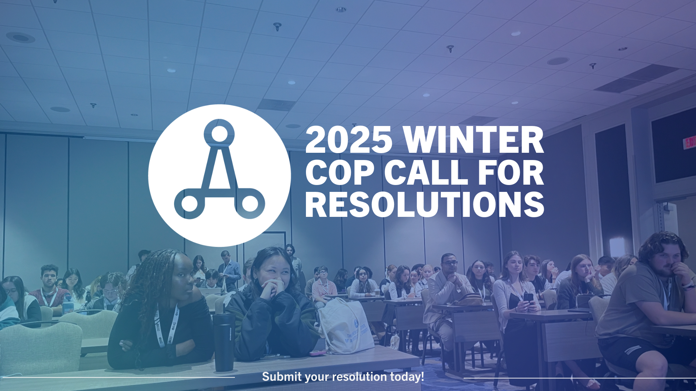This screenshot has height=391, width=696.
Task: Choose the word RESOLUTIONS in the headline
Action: pos(425,204)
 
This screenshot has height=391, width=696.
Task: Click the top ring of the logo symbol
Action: pos(219,134)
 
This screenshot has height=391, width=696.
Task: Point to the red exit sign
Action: pos(690,142)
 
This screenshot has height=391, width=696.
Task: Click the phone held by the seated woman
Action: pos(528,298)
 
